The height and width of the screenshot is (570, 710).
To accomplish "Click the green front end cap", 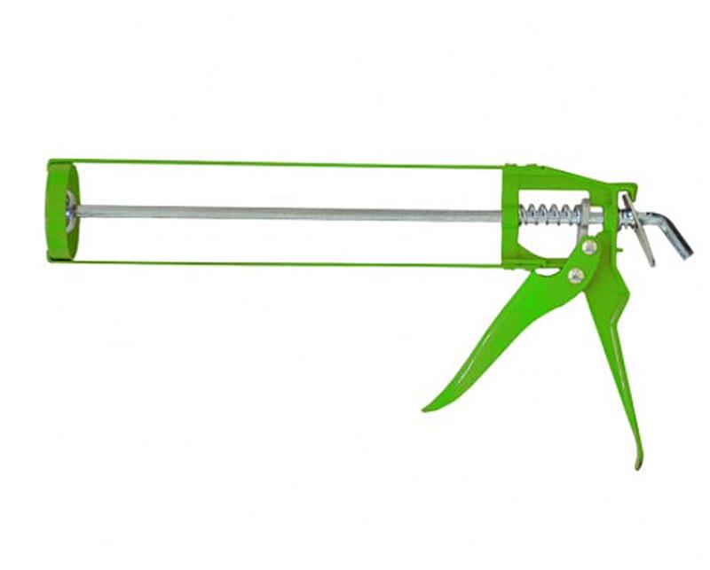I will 59,211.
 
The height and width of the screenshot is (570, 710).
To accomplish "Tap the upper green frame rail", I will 284,164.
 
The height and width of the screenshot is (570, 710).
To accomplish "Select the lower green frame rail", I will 284,263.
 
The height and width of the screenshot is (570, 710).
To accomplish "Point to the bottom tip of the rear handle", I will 638,465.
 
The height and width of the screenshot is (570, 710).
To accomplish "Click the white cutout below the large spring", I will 541,243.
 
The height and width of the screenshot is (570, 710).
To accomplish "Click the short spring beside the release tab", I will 625,216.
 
